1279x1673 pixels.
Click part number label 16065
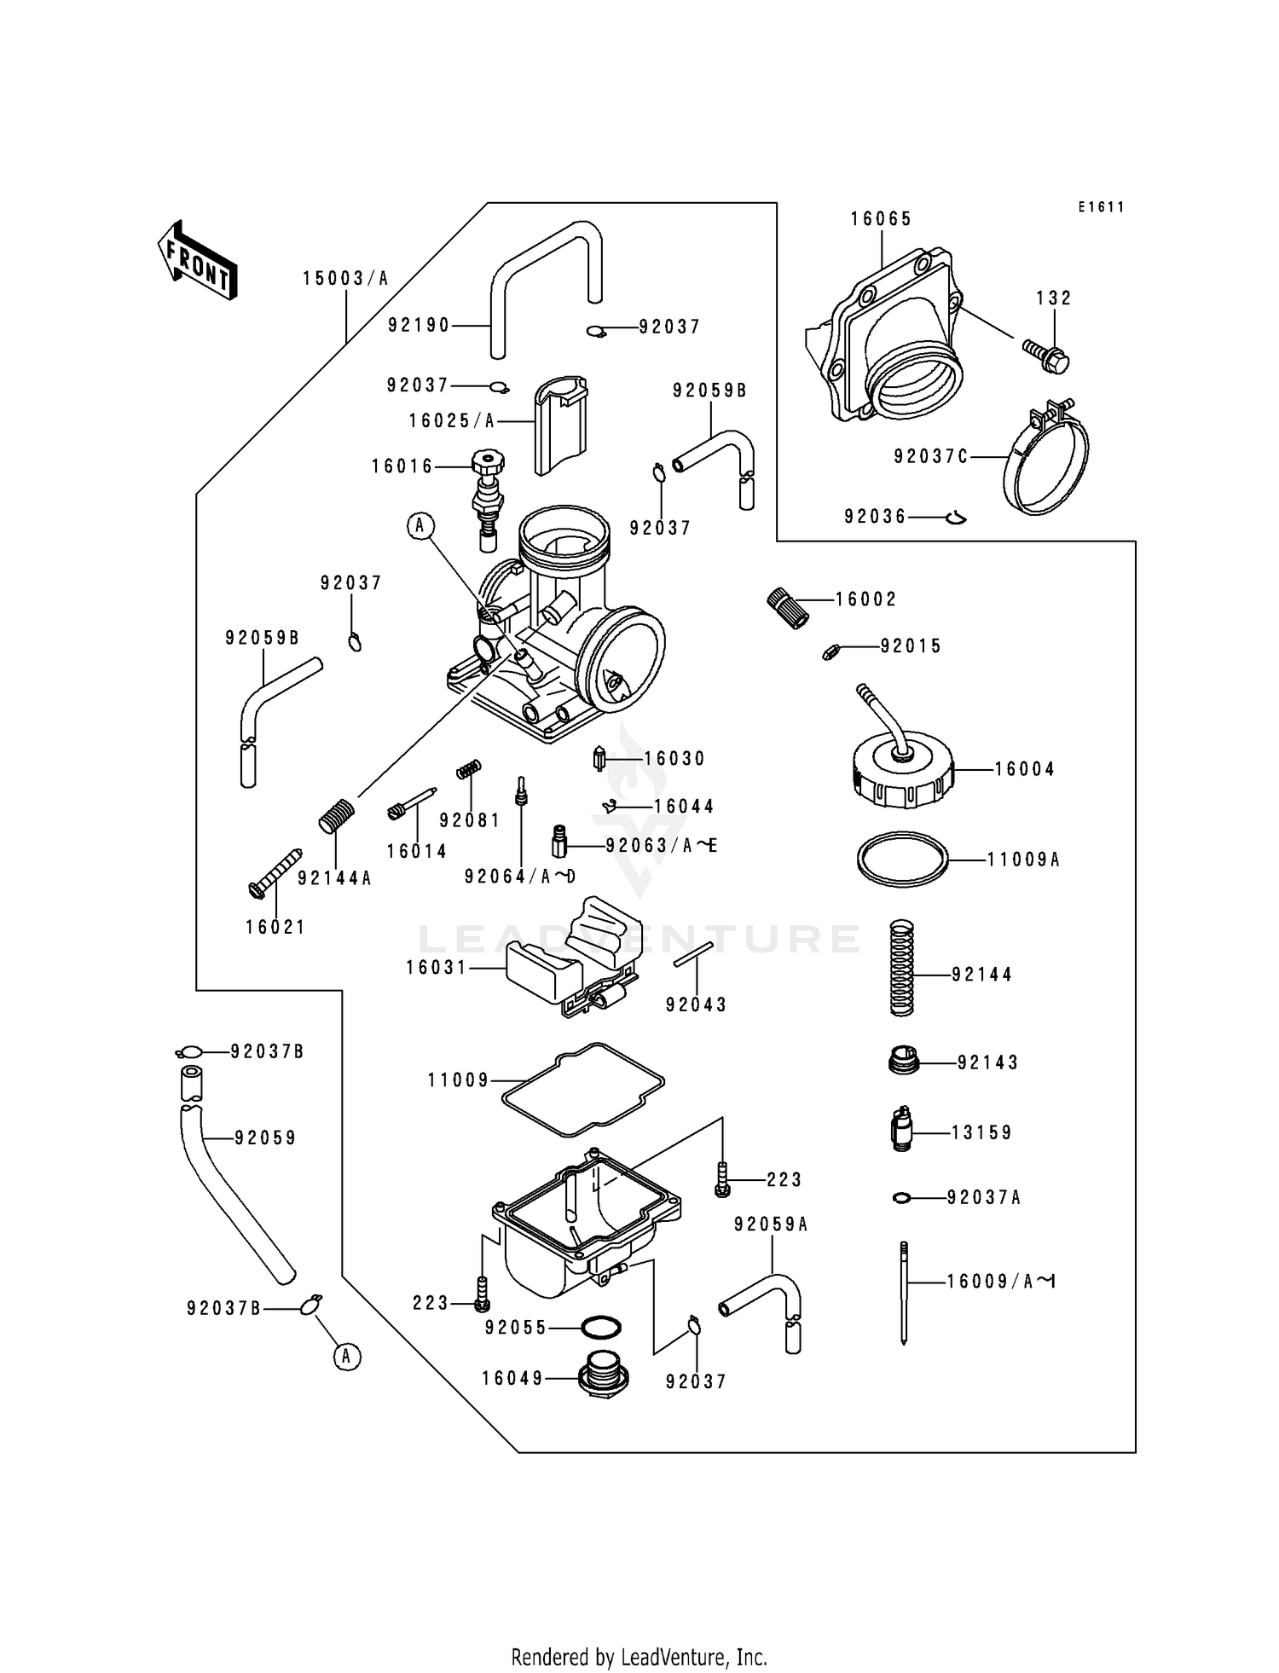pyautogui.click(x=881, y=219)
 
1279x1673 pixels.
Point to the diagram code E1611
pyautogui.click(x=1101, y=207)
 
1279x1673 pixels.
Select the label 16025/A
pyautogui.click(x=451, y=421)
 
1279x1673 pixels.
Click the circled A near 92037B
pyautogui.click(x=345, y=1357)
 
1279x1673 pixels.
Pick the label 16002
pyautogui.click(x=865, y=599)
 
